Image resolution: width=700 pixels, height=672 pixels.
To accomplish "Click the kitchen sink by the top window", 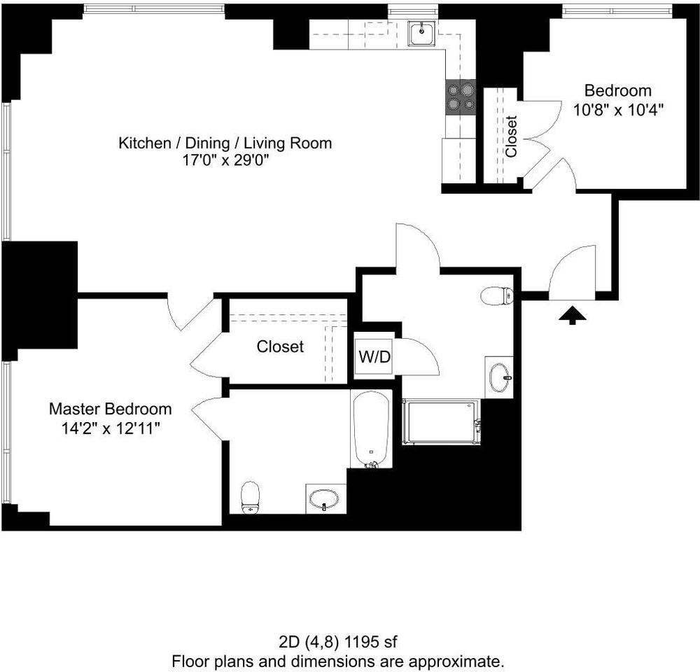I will coord(421,34).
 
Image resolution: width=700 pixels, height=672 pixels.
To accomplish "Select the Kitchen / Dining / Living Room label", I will coord(225,143).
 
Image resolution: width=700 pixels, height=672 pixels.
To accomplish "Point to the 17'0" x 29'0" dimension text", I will coord(225,161).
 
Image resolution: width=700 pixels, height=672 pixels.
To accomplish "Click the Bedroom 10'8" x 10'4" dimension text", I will coord(618,109).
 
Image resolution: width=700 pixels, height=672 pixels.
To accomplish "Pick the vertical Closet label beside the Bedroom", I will coord(511,136).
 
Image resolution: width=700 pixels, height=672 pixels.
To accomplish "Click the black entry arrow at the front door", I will coord(573,316).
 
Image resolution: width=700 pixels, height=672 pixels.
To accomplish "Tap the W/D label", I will coord(374,356).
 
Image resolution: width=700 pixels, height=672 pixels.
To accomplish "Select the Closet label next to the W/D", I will coord(280,346).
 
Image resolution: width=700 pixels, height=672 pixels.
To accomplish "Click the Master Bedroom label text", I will coord(110,409).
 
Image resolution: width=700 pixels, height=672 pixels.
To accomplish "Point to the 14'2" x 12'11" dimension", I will coord(110,428).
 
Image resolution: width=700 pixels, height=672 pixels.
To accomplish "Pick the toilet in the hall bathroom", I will coord(498,296).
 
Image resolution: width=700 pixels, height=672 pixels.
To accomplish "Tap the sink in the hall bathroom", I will coord(499,377).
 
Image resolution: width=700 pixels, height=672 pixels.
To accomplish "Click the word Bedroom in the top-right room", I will coord(618,91).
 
